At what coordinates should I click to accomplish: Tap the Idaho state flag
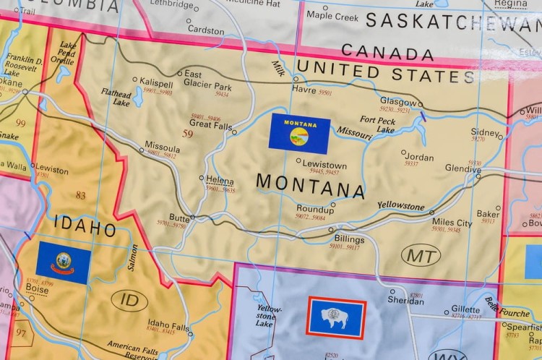pos(64,262)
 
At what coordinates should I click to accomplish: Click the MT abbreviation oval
pos(421,255)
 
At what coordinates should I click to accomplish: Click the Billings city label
pos(349,239)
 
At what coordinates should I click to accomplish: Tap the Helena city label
pos(220,180)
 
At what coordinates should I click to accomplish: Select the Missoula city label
pos(162,145)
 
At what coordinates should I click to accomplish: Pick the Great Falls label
pos(210,125)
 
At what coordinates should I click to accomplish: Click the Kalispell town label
pos(156,84)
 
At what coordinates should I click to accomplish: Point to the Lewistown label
pos(324,165)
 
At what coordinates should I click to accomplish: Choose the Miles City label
pos(452,223)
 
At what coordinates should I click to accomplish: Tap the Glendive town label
pos(463,168)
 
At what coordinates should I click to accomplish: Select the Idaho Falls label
pos(166,324)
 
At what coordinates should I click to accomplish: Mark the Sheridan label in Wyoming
pos(406,299)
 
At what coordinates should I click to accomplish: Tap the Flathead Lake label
pos(116,97)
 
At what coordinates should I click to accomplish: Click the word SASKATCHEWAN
pos(453,20)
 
